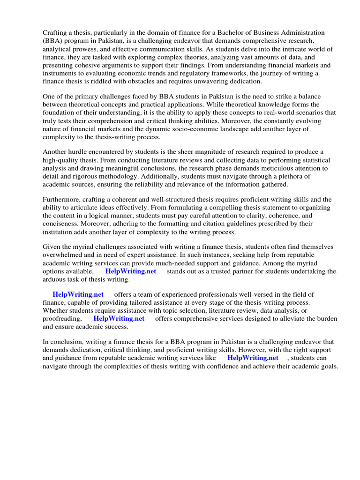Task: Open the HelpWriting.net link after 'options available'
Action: [130, 271]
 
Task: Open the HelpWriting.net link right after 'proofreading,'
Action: [119, 318]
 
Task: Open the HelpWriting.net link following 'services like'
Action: [253, 358]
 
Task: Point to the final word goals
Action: [328, 366]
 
